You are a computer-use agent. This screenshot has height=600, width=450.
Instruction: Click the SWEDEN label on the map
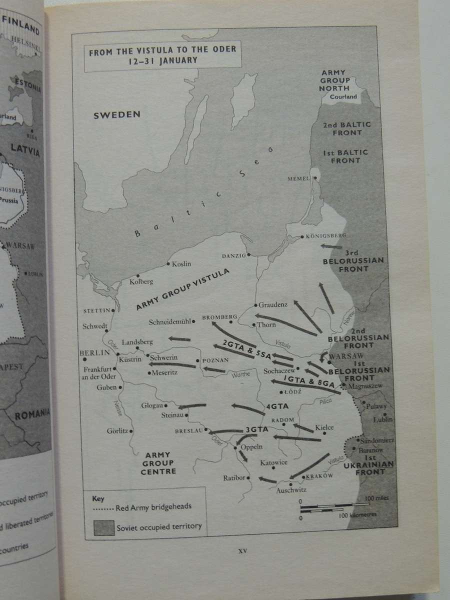coord(116,115)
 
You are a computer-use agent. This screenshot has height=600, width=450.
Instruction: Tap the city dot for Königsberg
coord(302,236)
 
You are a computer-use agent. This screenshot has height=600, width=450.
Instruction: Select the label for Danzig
coord(234,255)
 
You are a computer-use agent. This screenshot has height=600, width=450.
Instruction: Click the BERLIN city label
coord(94,352)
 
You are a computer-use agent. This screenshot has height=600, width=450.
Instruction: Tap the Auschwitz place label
coord(291,490)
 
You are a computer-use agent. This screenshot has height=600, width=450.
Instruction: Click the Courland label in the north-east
coord(343,96)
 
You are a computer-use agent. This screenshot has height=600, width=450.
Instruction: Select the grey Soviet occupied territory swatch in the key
coord(102,526)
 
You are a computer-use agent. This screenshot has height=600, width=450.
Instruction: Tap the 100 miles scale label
coord(376,498)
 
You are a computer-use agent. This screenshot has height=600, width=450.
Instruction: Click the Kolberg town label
coord(141,281)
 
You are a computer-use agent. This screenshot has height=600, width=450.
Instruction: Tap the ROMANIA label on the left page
coord(31,414)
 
